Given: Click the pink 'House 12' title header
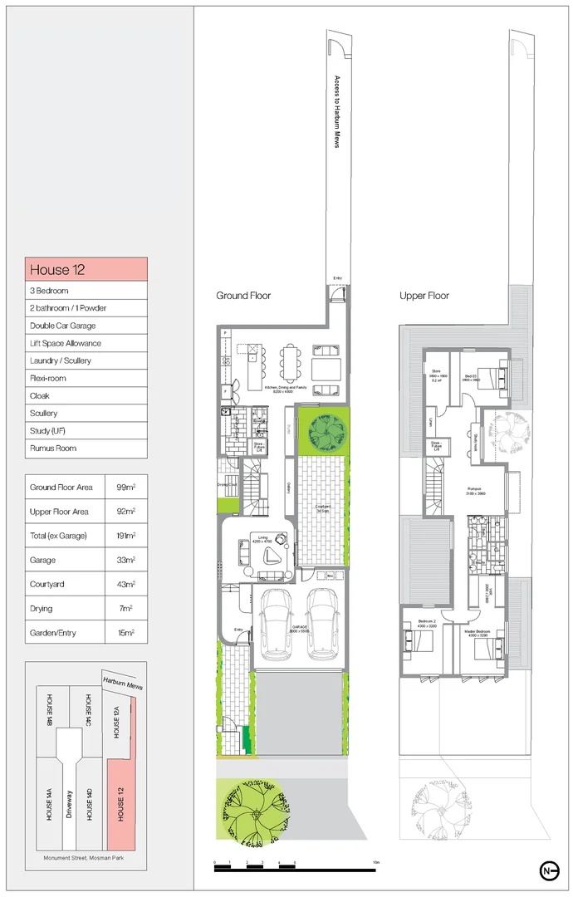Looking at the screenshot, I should [86, 269].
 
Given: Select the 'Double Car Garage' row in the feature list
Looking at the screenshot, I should [86, 326].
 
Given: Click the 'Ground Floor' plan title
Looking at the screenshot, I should [243, 296].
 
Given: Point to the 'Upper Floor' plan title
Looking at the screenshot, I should [424, 296].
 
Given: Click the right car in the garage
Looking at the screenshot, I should [321, 625].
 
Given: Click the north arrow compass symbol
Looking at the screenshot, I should [547, 870].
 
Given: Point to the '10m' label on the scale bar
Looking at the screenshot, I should [376, 863].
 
